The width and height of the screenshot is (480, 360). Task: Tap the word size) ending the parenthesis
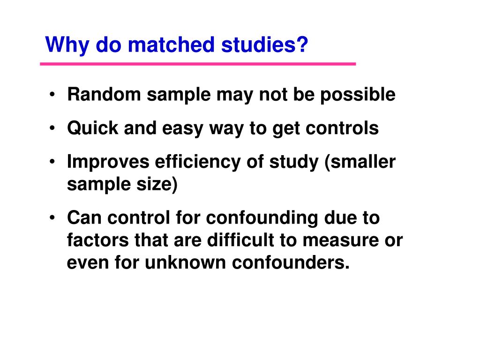point(157,184)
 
